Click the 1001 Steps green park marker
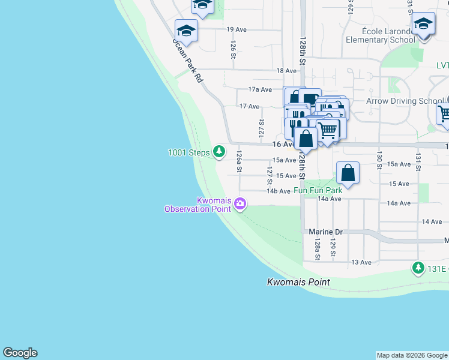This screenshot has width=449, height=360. point(220,152)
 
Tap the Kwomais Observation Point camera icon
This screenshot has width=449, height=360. point(240,205)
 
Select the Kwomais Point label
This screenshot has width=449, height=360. point(298,281)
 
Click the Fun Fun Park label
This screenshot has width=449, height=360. point(318,190)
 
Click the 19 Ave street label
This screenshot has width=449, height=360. point(237,29)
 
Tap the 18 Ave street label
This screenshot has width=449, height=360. point(286,71)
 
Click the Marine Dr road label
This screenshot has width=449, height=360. point(325,232)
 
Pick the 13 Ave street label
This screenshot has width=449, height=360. point(361,262)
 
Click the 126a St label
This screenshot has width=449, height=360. point(239,161)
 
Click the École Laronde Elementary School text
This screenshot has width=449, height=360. point(380,35)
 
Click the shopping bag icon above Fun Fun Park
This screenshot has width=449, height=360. point(348,173)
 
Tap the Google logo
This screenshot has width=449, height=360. point(20,353)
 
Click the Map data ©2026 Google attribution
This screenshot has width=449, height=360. point(412,355)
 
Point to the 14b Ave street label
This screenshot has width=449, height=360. point(279,191)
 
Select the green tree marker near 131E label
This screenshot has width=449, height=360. point(417,267)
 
